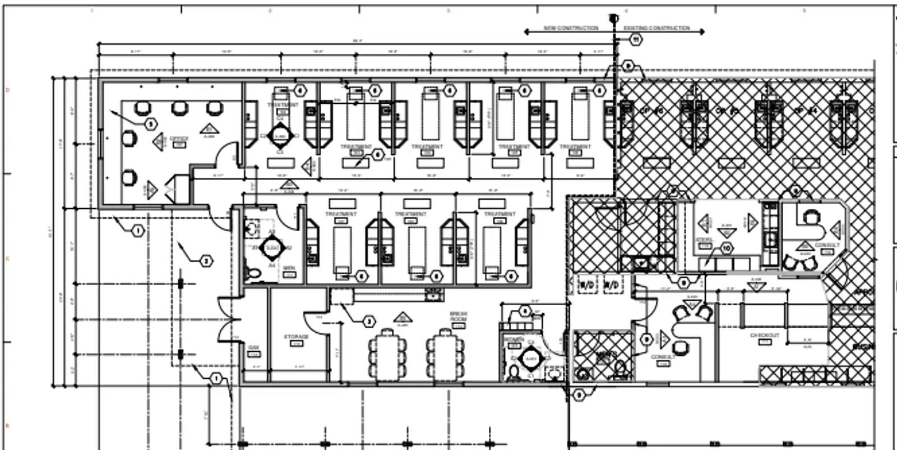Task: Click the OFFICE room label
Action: pos(179,138)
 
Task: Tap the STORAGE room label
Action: pos(296,337)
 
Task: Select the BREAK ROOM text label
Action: pos(458,316)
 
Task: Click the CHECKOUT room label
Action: pos(765,336)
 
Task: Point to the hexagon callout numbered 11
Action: pos(636,40)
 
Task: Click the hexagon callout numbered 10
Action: pos(727,248)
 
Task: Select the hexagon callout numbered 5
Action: pos(151,124)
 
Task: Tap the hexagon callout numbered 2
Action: pos(206,261)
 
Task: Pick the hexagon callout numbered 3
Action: pos(369,322)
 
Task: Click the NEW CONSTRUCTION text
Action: pos(571,28)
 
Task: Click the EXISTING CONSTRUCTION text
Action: pos(656,28)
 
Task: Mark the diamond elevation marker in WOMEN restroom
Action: pos(530,359)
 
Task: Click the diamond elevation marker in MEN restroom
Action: pos(272,247)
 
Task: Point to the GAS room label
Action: pos(253,347)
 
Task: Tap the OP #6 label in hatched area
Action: pos(651,111)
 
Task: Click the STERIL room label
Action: pos(705,240)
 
